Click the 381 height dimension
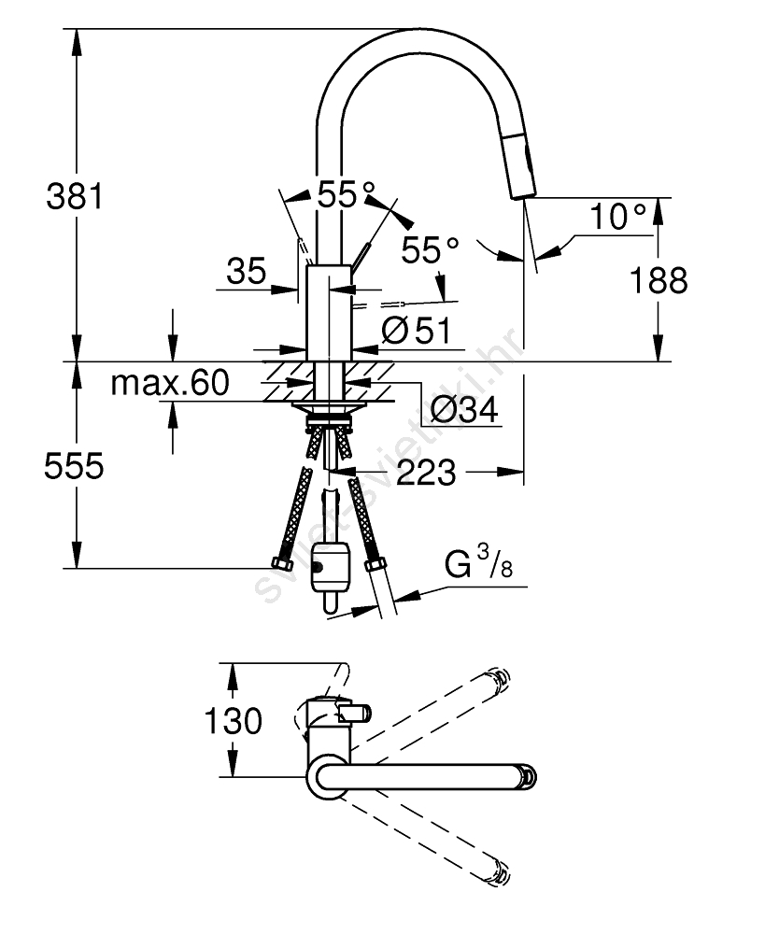[x=73, y=197]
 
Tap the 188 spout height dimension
[x=659, y=279]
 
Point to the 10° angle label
[x=617, y=219]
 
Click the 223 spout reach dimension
[x=425, y=473]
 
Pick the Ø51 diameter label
[x=417, y=330]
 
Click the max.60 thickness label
[x=169, y=382]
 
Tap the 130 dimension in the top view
[x=234, y=721]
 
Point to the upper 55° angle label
[x=345, y=194]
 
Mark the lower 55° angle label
[x=431, y=250]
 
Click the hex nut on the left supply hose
[x=280, y=564]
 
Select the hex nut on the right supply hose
[x=375, y=564]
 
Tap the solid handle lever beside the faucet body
[x=361, y=254]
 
